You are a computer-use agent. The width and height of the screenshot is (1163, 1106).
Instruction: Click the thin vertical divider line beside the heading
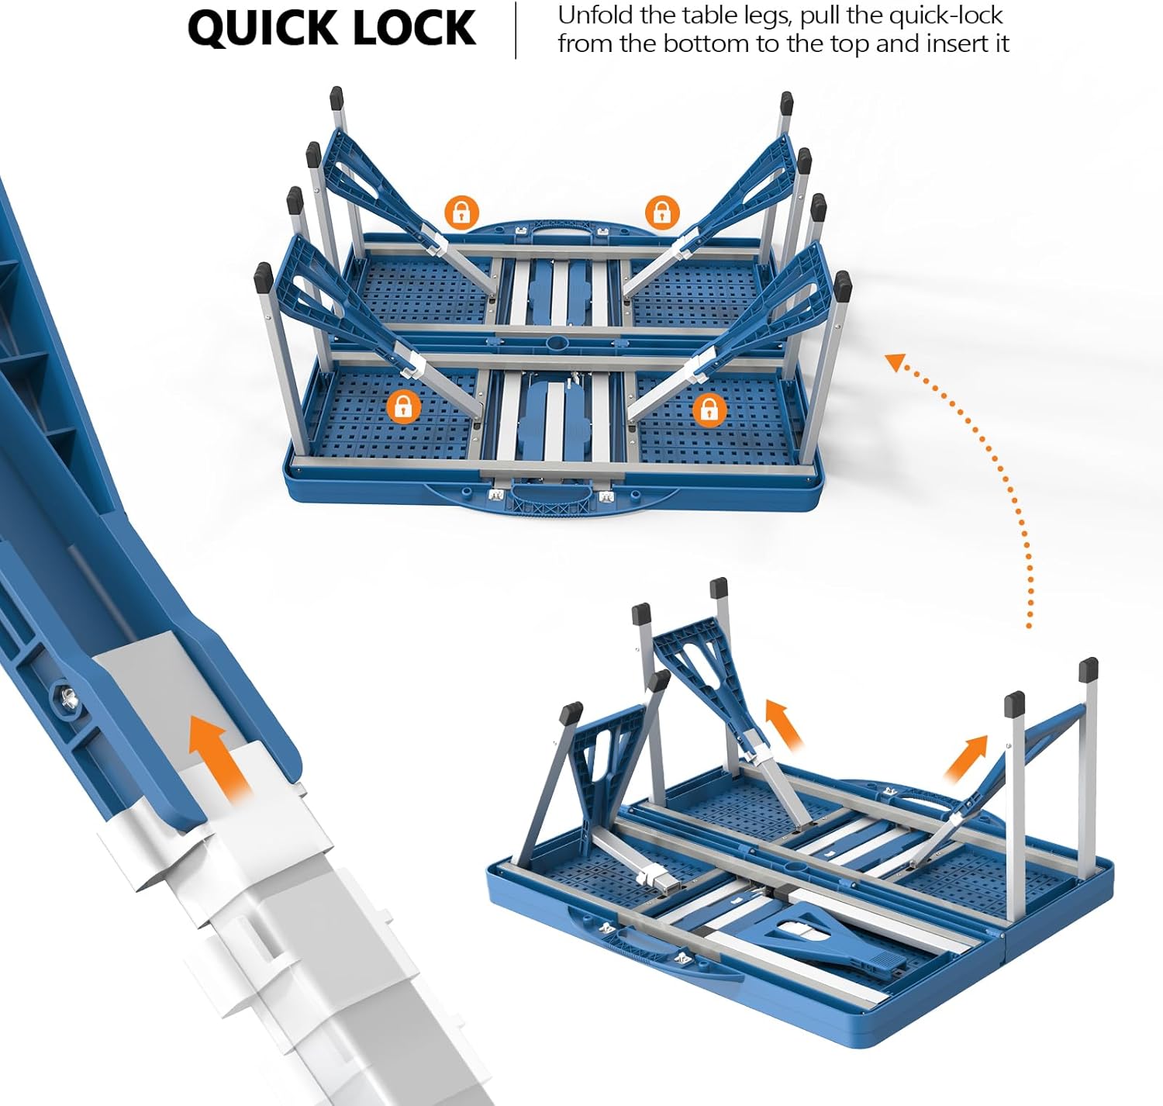click(x=516, y=31)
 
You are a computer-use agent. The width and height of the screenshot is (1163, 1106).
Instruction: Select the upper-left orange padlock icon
click(x=461, y=213)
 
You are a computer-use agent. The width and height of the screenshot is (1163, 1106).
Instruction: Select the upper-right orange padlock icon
click(x=662, y=213)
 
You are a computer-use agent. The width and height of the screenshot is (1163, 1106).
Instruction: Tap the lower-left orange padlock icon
click(x=403, y=407)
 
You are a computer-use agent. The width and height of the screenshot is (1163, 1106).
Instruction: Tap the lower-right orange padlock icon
click(x=709, y=409)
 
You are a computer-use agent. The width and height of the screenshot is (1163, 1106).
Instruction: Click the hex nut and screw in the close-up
click(x=66, y=697)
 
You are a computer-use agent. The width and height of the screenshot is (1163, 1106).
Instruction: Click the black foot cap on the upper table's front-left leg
click(x=264, y=278)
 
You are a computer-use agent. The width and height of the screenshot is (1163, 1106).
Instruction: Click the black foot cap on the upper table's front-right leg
click(x=842, y=286)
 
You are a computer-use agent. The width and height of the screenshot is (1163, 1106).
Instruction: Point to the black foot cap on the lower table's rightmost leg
click(x=1089, y=669)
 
